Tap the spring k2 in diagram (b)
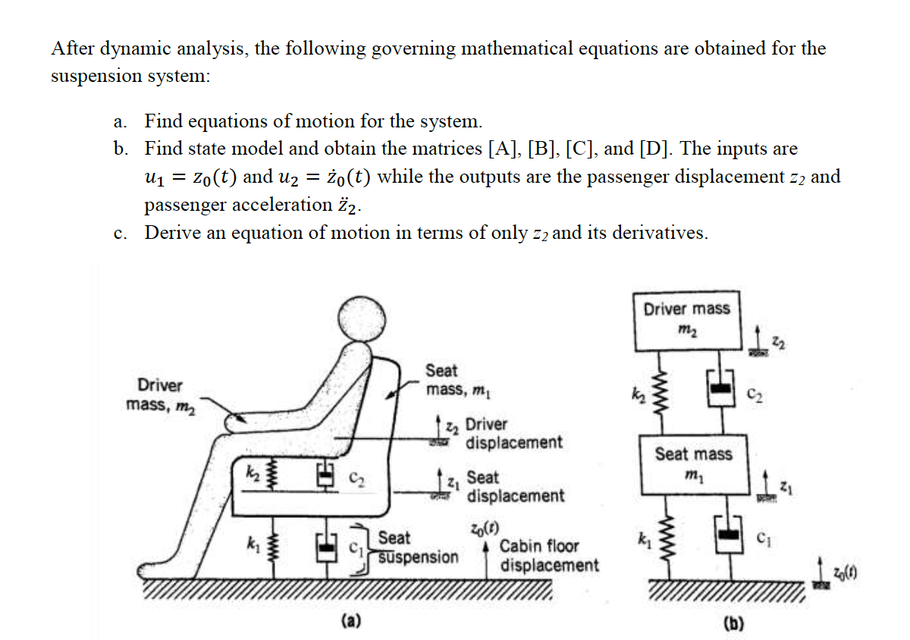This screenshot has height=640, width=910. tap(661, 393)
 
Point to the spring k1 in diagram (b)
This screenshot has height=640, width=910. tap(661, 541)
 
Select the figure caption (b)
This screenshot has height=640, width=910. tap(733, 623)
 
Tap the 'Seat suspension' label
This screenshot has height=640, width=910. tap(417, 547)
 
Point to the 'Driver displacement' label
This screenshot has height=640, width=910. tap(513, 433)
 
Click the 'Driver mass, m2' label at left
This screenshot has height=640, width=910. tap(160, 394)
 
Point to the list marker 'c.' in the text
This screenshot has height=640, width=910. tap(120, 234)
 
